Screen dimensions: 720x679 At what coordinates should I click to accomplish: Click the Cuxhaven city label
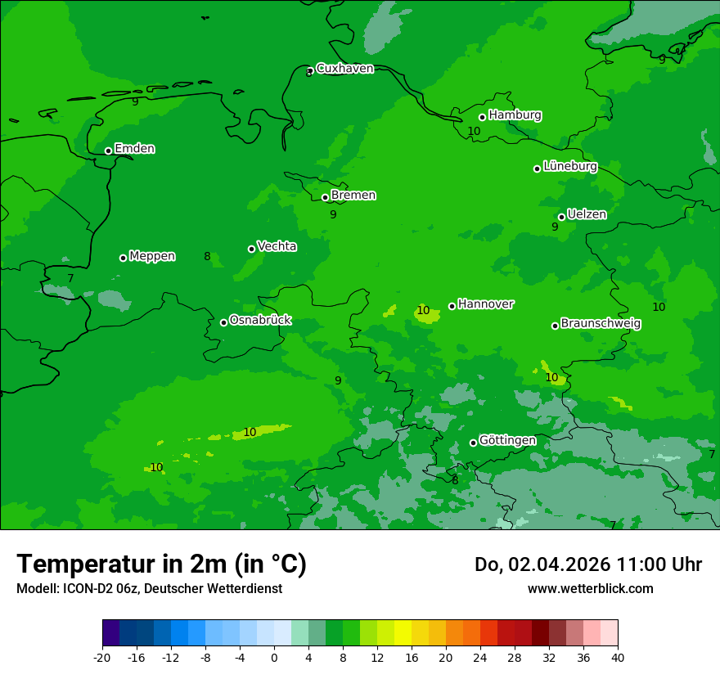[x=344, y=69]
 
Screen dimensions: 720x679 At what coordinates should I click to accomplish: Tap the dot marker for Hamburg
[x=483, y=117]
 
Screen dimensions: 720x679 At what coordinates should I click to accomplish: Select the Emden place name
[x=134, y=149]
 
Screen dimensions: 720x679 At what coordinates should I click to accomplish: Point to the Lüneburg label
[x=569, y=166]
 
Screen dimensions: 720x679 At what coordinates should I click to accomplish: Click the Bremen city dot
[x=325, y=197]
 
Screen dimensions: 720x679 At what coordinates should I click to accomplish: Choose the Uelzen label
[x=587, y=214]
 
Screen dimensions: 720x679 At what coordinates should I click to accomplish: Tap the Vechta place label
[x=277, y=246]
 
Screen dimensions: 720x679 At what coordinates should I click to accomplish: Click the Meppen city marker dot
[x=123, y=258]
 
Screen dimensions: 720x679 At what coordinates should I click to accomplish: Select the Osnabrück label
[x=260, y=320]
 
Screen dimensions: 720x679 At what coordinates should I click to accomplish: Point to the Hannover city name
[x=485, y=304]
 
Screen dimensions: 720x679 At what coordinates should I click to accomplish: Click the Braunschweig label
[x=601, y=323]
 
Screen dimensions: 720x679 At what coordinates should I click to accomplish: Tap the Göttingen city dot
[x=473, y=443]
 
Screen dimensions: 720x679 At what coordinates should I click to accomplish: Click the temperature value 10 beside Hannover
[x=423, y=310]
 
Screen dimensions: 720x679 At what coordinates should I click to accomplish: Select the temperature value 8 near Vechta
[x=207, y=256]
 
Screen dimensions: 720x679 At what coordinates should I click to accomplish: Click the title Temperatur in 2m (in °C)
[x=161, y=564]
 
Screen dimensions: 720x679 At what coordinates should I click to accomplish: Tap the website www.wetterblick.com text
[x=590, y=589]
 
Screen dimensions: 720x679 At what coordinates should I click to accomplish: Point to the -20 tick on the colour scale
[x=102, y=657]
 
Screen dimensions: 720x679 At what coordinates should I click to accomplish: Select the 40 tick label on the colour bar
[x=618, y=657]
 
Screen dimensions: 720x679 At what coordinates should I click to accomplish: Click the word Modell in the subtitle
[x=35, y=589]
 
